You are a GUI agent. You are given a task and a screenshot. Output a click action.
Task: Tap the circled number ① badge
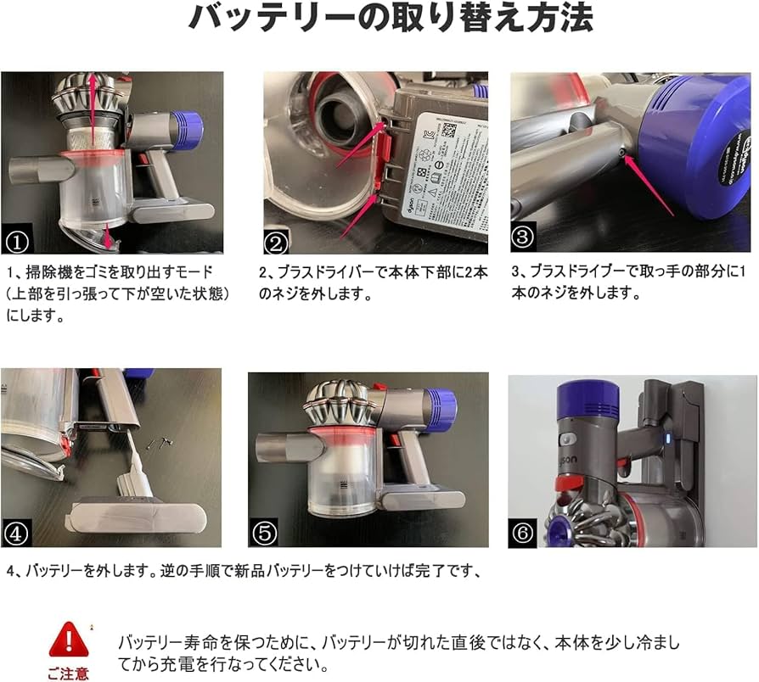16,242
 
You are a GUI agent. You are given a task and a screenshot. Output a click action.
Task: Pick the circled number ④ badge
16,534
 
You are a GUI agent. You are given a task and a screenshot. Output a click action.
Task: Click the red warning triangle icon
69,640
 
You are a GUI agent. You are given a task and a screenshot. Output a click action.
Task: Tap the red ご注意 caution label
68,674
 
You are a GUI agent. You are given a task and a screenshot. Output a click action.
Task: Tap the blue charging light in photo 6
668,439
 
